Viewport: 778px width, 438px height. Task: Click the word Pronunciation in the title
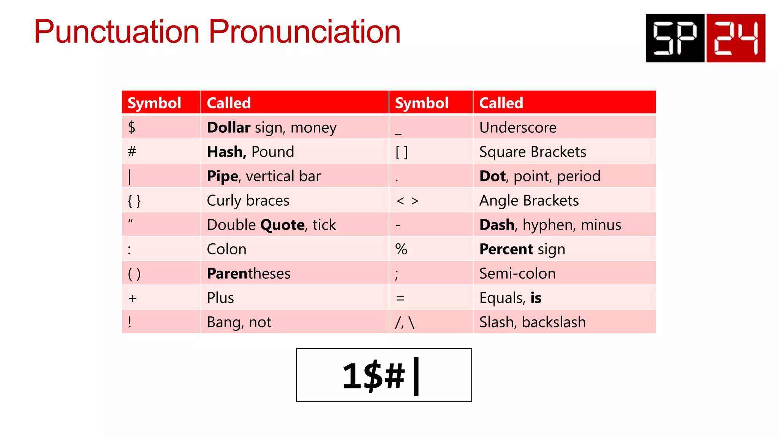305,32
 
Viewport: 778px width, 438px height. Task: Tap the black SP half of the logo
675,38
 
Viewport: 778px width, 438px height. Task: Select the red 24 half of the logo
736,38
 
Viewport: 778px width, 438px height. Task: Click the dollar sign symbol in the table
131,127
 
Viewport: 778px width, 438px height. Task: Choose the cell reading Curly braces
248,200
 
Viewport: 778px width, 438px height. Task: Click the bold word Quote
282,225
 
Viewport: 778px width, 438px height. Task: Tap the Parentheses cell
249,273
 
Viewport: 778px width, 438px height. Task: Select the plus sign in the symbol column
133,298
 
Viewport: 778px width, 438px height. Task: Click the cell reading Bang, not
239,322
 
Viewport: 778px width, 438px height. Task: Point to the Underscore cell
518,127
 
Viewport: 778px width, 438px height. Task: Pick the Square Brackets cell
533,152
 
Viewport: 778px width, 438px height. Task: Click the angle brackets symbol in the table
407,201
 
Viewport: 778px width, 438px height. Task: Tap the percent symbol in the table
401,249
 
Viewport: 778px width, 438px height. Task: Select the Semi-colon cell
517,273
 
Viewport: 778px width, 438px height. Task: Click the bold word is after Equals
536,298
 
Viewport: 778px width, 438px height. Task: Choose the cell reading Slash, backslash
532,322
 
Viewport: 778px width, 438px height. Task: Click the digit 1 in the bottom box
352,376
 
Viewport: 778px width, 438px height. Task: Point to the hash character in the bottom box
395,376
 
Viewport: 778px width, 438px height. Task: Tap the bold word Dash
497,225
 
